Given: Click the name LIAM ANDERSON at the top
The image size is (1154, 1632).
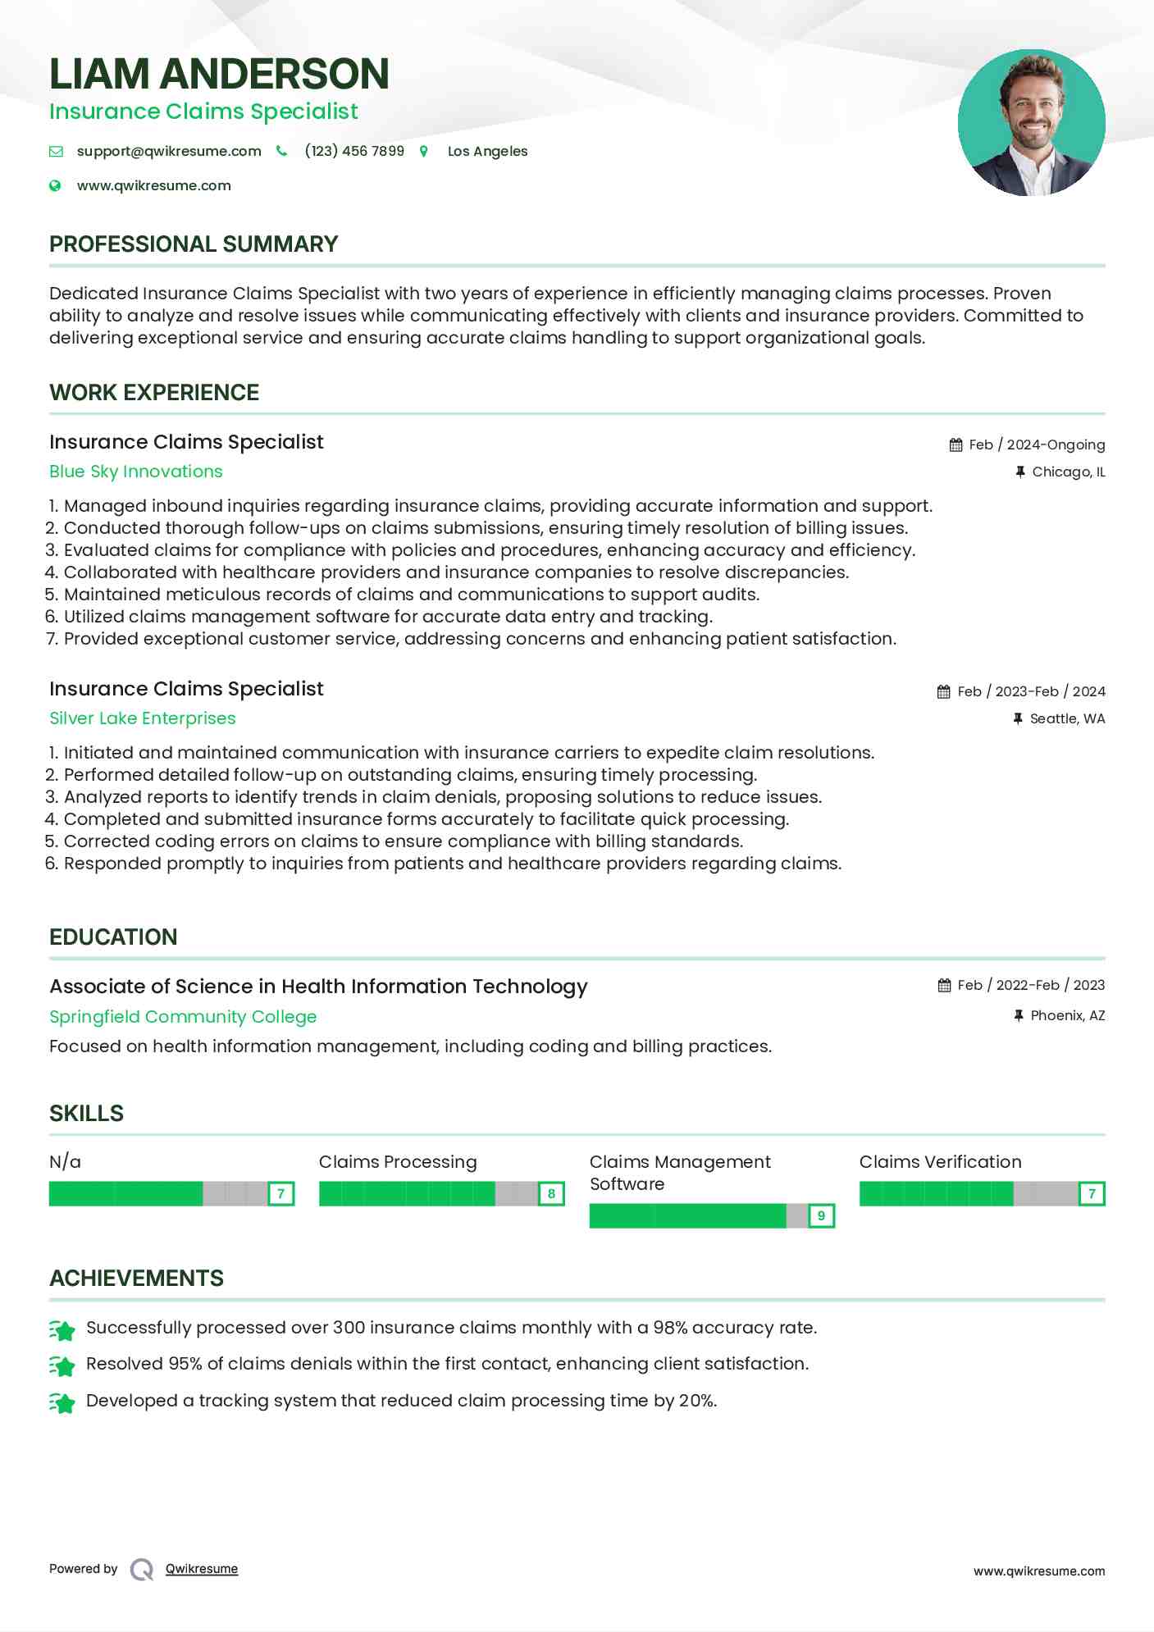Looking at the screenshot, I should [219, 74].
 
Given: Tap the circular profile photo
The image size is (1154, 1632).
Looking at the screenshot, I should [1031, 123].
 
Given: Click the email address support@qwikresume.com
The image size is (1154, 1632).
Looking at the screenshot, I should [169, 151].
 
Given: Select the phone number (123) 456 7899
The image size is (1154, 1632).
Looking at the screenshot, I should [354, 151].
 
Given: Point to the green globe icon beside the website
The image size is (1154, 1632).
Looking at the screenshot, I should [55, 185].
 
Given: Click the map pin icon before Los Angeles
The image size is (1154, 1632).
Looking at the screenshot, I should [424, 151].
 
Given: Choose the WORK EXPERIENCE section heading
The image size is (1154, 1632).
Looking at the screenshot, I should [154, 393].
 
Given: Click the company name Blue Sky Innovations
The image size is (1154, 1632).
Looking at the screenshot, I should [136, 472].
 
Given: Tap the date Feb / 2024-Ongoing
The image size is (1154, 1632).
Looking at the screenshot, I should [1037, 444].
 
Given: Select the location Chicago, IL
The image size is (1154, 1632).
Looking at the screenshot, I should [1068, 472].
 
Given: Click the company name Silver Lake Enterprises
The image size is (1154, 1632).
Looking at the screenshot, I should [143, 718].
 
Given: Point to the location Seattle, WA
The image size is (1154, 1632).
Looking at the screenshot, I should [1067, 718].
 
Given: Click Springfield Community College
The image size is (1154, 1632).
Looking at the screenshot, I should [183, 1017].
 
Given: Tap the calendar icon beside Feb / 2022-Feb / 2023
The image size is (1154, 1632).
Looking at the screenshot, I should [945, 985].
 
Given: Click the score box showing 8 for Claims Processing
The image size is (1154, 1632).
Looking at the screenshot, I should [551, 1194].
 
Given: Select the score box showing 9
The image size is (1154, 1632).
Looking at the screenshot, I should [821, 1216].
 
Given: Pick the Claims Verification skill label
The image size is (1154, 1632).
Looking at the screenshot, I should [941, 1162].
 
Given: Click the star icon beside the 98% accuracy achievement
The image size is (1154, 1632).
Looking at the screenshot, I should [62, 1329].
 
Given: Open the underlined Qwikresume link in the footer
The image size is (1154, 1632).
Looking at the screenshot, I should [202, 1569].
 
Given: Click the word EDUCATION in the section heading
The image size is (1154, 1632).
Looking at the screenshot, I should [113, 937].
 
